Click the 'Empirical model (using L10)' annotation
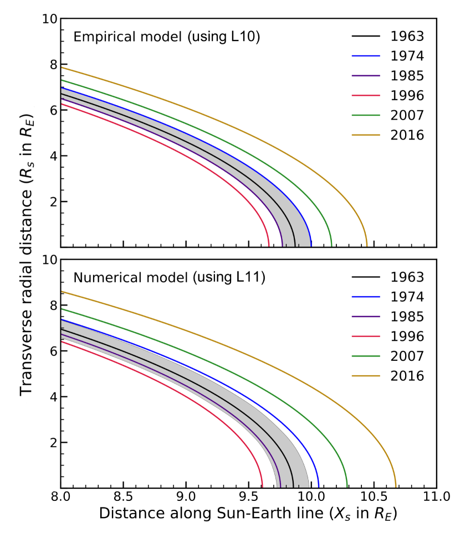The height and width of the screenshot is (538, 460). [167, 38]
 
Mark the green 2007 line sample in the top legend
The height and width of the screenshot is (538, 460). [366, 115]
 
